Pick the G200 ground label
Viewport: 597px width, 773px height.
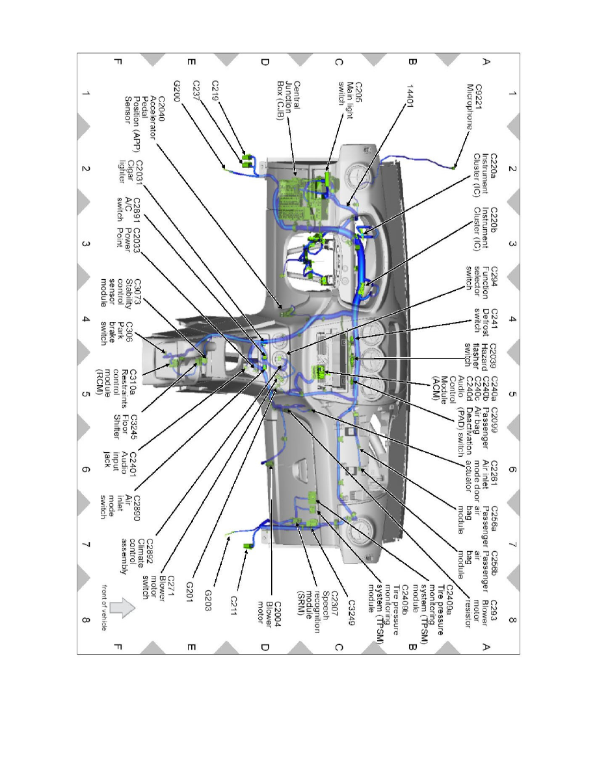tap(178, 86)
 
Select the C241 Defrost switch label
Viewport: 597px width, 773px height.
tap(486, 319)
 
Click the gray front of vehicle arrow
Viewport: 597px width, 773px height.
tap(122, 608)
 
